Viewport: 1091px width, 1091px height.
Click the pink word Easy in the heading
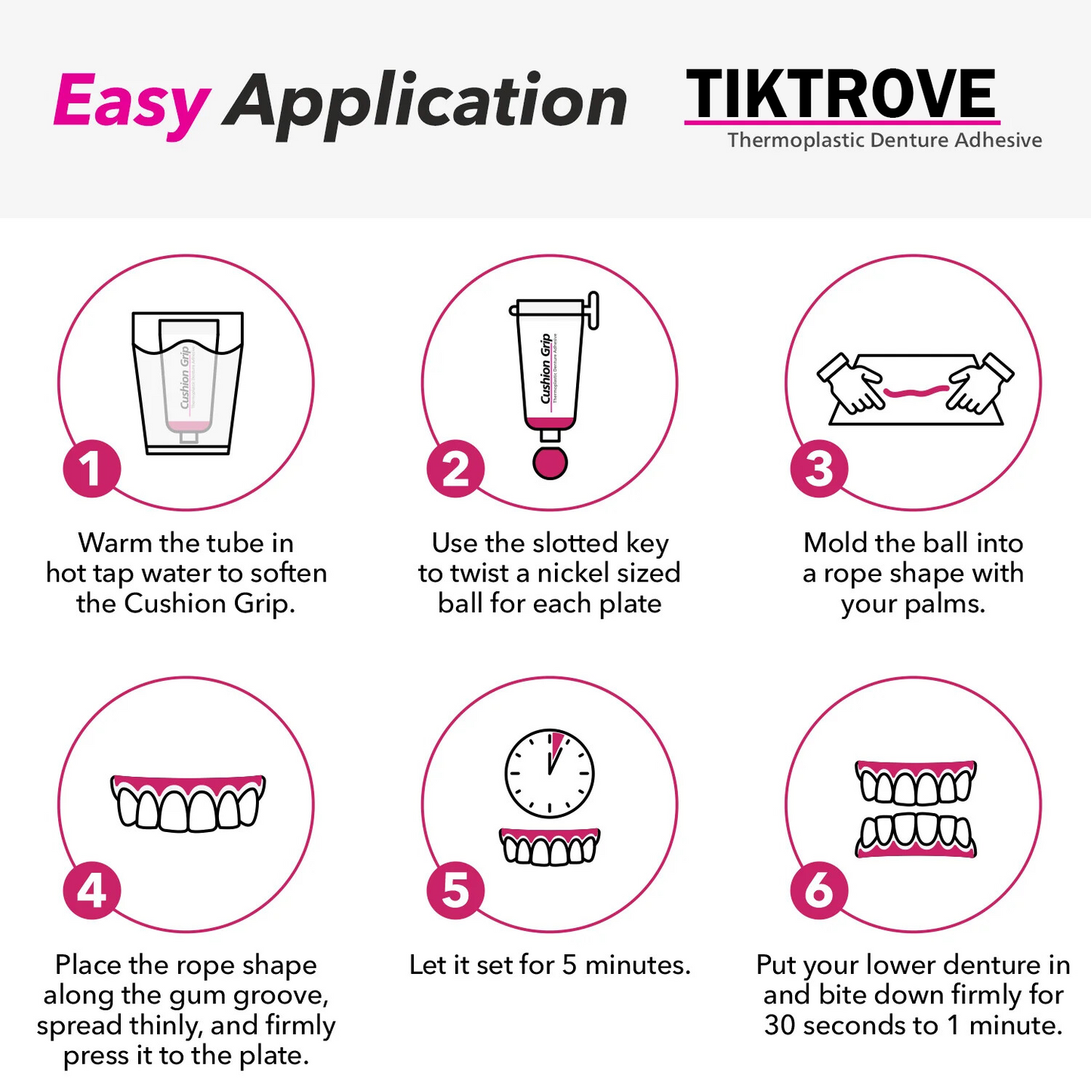click(x=131, y=103)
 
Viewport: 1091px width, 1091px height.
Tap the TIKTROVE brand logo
click(x=841, y=94)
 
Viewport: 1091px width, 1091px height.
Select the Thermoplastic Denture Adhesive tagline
click(x=884, y=140)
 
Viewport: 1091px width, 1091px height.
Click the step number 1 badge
click(x=91, y=469)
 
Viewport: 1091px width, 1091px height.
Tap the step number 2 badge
click(x=455, y=469)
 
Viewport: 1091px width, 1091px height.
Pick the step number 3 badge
click(x=819, y=469)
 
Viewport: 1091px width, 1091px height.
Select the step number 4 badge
click(x=91, y=890)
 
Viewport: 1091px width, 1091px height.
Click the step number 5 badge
click(x=455, y=890)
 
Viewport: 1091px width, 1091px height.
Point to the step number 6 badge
click(x=819, y=890)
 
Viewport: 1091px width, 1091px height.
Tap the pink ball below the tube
click(x=550, y=463)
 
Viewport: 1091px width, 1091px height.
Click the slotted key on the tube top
click(x=593, y=310)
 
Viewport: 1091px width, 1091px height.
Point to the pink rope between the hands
click(x=915, y=391)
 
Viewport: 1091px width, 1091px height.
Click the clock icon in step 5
click(x=550, y=773)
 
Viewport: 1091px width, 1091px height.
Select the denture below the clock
click(x=550, y=846)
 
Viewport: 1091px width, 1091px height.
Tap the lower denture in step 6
click(x=916, y=837)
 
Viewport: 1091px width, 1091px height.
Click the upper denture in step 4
click(x=188, y=803)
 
